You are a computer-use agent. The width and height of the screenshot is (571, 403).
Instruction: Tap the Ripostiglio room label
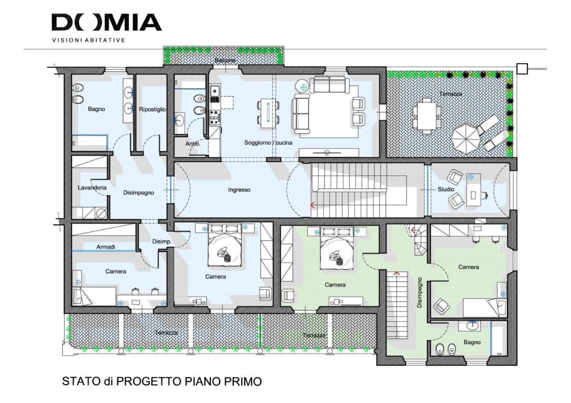153,109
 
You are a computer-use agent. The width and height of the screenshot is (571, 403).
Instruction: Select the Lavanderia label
92,188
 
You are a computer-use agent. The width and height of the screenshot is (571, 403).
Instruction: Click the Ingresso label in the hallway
239,189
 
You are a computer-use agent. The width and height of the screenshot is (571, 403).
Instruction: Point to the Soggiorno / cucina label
268,143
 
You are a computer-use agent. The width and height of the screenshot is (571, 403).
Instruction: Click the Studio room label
446,189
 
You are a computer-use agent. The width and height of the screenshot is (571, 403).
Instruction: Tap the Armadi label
106,247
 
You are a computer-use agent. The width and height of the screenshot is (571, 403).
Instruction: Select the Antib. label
193,144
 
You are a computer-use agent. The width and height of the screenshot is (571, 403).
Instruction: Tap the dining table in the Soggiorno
268,113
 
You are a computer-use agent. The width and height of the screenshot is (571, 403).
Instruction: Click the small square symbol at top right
521,69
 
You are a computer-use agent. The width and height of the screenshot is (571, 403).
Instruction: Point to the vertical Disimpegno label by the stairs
420,293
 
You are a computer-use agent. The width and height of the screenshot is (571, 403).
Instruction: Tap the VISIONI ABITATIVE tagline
88,40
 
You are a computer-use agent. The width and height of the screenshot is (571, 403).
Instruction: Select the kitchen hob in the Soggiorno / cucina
214,118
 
